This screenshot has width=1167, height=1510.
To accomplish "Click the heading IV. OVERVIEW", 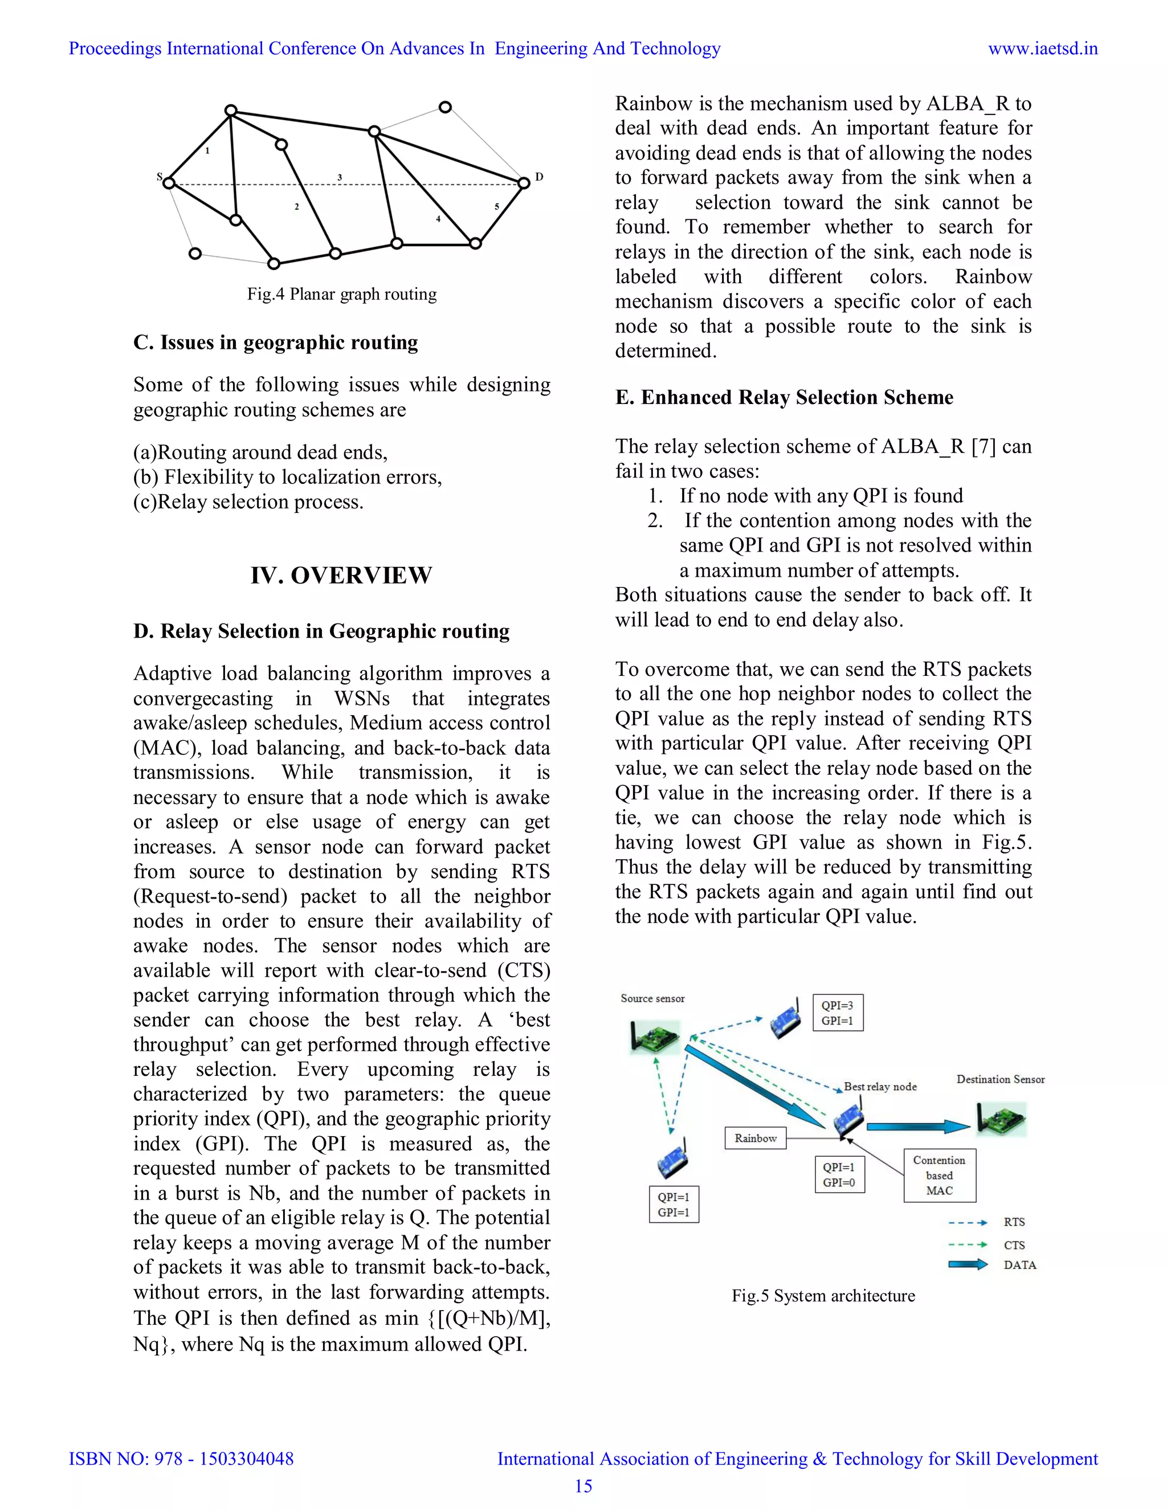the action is click(341, 576).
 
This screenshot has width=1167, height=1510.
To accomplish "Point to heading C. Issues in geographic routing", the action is click(275, 343).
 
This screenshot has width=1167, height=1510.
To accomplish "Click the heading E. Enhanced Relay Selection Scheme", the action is click(784, 398).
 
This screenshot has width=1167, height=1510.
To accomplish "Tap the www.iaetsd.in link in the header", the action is click(1043, 48).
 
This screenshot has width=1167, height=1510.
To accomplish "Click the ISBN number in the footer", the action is click(181, 1459).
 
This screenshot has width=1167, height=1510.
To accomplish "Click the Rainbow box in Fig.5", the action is click(755, 1138).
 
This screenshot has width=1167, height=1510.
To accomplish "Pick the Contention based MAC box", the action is click(939, 1176).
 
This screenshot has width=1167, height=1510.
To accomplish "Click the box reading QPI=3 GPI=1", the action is click(837, 1013).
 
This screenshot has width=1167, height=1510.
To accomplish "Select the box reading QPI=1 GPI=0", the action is click(839, 1175).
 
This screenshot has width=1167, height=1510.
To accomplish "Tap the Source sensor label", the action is click(652, 998).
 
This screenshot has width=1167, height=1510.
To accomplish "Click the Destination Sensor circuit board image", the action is click(1001, 1119).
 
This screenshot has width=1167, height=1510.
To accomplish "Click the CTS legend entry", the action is click(1014, 1245).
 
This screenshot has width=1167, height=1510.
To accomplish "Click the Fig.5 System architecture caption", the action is click(823, 1296).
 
